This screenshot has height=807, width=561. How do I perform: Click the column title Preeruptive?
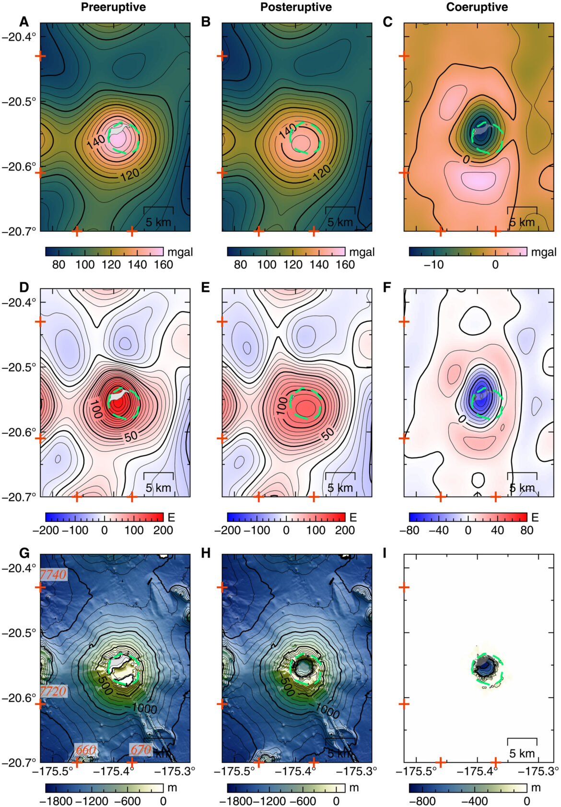[x=113, y=7]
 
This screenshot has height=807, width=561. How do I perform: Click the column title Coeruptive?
[x=477, y=7]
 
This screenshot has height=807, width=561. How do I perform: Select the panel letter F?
[x=388, y=287]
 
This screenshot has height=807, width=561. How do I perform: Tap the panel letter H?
[x=206, y=553]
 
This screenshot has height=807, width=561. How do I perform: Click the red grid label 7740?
[x=53, y=574]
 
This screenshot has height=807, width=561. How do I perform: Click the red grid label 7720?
[x=53, y=691]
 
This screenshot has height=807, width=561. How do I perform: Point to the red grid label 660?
[x=86, y=749]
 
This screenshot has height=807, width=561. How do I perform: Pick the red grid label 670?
[x=141, y=749]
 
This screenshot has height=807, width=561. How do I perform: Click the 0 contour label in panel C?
[x=467, y=160]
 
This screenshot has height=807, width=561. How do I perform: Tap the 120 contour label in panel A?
[x=129, y=174]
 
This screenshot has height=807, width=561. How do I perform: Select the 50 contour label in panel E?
[x=327, y=434]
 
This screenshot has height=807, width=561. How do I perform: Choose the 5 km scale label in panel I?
[x=522, y=753]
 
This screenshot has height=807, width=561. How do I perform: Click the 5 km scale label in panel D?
[x=158, y=488]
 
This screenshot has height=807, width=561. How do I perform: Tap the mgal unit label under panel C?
[x=544, y=252]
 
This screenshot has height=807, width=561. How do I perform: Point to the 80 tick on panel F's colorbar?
[x=526, y=530]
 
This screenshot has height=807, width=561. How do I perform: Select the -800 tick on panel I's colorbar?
[x=422, y=801]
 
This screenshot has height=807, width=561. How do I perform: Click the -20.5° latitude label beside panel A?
[x=19, y=102]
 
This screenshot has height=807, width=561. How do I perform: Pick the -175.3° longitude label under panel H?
[x=357, y=772]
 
